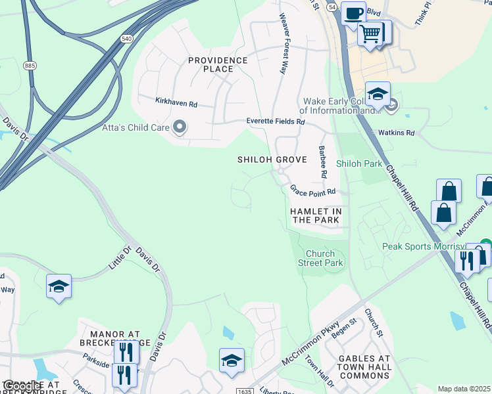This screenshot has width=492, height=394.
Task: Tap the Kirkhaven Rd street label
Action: pyautogui.click(x=176, y=103)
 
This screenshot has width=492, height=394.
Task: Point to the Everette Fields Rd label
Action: pyautogui.click(x=276, y=121)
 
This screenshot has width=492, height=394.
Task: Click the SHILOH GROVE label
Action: pyautogui.click(x=272, y=160)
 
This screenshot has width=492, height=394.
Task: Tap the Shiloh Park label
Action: pyautogui.click(x=358, y=164)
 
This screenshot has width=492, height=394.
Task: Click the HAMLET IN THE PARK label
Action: pyautogui.click(x=316, y=215)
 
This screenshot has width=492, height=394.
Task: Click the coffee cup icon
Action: pyautogui.click(x=353, y=13)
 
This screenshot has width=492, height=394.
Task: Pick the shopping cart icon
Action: pyautogui.click(x=371, y=32)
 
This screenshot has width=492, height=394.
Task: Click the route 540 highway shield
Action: pyautogui.click(x=126, y=39)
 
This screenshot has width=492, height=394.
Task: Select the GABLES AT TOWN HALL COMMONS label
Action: pyautogui.click(x=364, y=366)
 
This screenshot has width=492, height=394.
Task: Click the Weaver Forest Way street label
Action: pyautogui.click(x=283, y=43)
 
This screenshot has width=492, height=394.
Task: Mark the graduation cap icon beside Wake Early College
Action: pyautogui.click(x=378, y=94)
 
